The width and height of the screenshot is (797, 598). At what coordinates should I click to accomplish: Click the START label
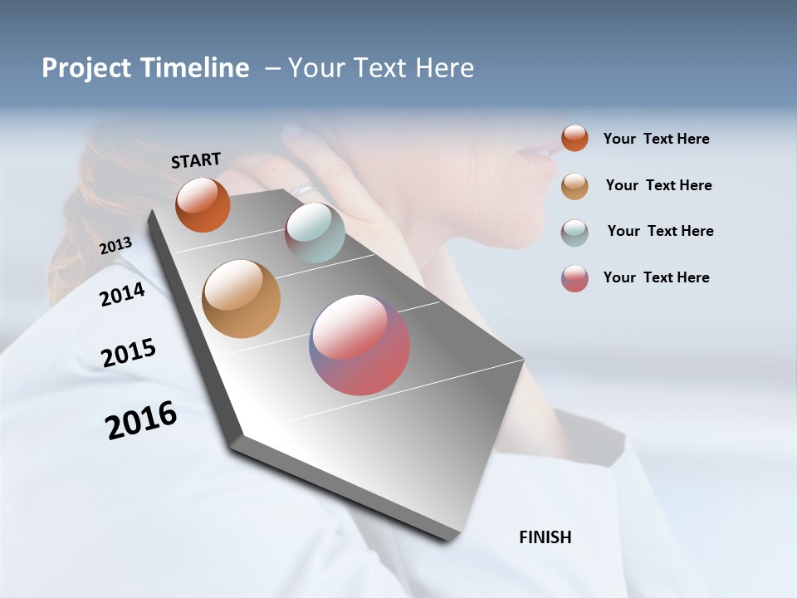tap(196, 160)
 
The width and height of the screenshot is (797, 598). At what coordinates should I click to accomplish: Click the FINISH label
tap(545, 537)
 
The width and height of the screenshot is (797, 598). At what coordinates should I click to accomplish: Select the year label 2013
tap(115, 246)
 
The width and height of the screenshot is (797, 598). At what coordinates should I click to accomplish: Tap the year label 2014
tap(122, 294)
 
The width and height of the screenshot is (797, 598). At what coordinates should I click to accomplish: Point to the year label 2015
tap(128, 353)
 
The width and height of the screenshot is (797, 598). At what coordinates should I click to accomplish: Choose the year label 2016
tap(141, 420)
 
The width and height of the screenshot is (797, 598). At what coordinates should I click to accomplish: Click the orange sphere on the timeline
tap(203, 204)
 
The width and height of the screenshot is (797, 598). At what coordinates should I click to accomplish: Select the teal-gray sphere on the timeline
tap(315, 233)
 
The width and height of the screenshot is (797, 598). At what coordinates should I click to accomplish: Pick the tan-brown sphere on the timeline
tap(241, 299)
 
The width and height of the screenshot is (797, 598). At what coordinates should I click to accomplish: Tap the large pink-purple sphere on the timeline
tap(359, 345)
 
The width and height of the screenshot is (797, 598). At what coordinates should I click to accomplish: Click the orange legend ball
tap(575, 138)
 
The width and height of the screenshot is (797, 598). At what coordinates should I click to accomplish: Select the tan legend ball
tap(575, 186)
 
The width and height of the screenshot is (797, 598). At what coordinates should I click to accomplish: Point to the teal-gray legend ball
tap(575, 233)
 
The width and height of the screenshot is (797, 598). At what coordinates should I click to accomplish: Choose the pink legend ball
tap(575, 278)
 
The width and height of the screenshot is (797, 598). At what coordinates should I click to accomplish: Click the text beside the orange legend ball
tap(656, 139)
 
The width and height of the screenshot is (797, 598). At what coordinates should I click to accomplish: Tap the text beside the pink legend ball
tap(656, 277)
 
